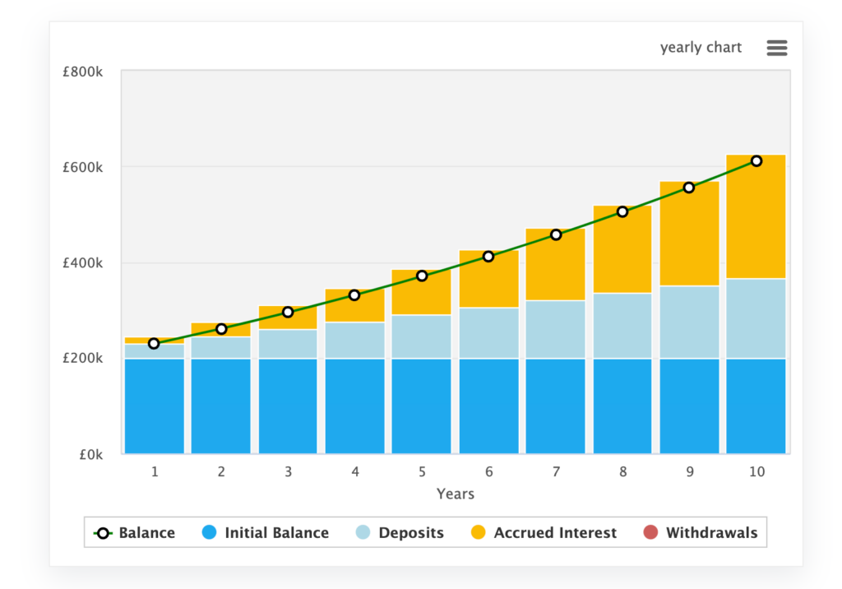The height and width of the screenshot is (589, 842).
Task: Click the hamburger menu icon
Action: tap(776, 48)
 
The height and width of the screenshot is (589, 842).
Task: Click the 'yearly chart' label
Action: tap(701, 48)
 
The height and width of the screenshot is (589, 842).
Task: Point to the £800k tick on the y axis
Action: tap(82, 72)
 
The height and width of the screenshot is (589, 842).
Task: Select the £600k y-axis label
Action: tap(82, 168)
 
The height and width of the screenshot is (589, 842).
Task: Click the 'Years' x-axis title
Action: tap(456, 494)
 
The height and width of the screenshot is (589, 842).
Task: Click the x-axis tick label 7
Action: tap(556, 472)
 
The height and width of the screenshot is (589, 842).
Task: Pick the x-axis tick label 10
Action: tap(756, 472)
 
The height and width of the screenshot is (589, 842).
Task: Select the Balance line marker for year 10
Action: tap(756, 161)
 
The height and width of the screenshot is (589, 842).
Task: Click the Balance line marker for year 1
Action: tap(154, 343)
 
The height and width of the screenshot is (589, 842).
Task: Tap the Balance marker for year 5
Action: tap(422, 276)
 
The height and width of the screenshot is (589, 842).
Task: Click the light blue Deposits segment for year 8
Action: tap(622, 326)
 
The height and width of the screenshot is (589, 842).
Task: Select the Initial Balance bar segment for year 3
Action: tap(288, 406)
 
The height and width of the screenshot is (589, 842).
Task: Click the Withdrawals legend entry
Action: tap(701, 533)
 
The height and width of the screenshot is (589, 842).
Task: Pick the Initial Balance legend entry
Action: tap(265, 533)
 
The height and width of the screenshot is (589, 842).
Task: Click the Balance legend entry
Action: tap(136, 533)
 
